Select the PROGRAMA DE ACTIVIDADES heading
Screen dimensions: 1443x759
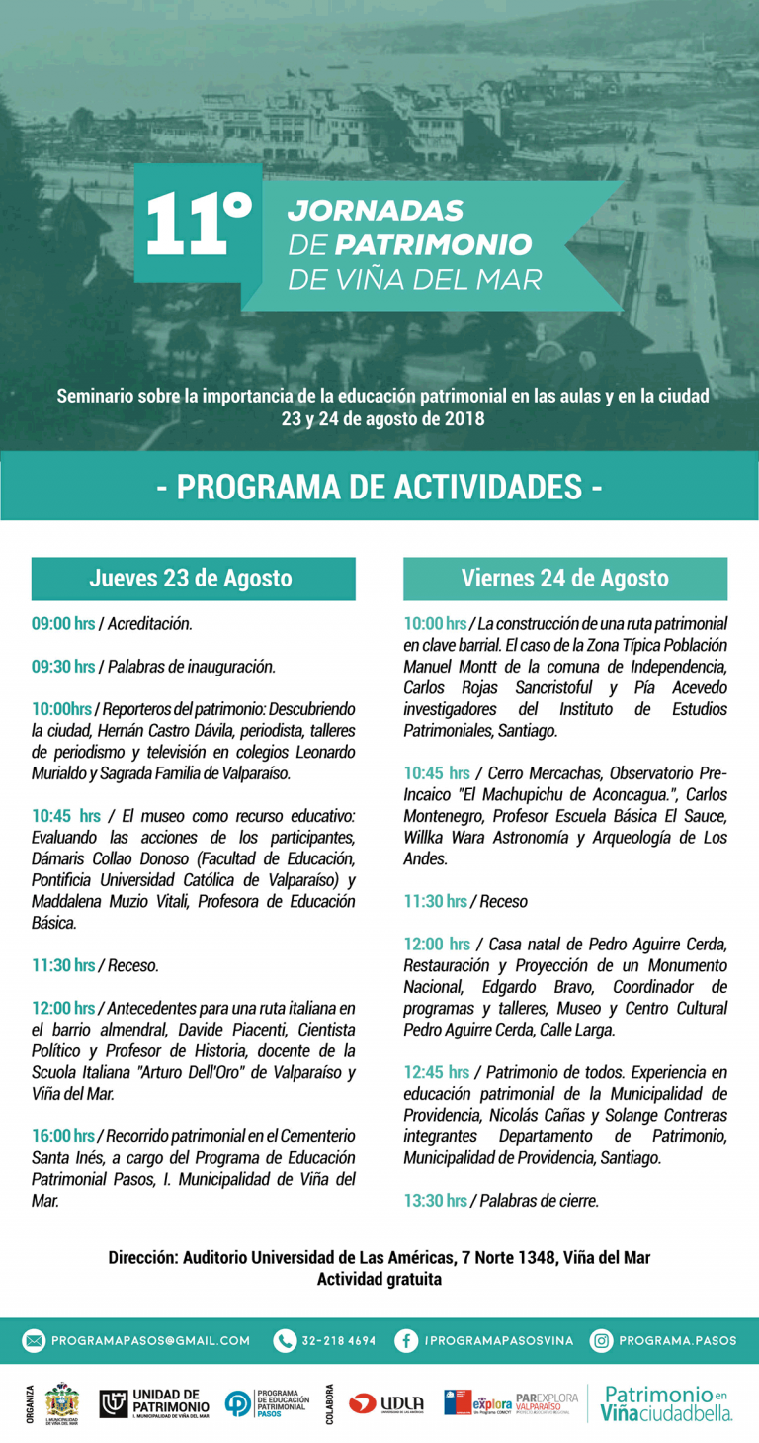click(x=379, y=487)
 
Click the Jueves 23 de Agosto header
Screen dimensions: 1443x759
click(x=193, y=579)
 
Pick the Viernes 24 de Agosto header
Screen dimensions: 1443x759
click(x=564, y=579)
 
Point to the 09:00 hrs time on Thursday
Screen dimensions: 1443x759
click(x=63, y=624)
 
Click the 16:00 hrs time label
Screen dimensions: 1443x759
click(x=63, y=1136)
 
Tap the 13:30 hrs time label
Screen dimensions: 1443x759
click(x=435, y=1201)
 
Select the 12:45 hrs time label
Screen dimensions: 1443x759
click(x=436, y=1072)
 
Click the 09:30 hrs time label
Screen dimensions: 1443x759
click(x=63, y=667)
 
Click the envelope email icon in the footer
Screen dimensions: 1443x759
click(x=35, y=1340)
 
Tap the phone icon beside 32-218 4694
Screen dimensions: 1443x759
click(x=286, y=1340)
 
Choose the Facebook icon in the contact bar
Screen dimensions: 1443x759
click(x=405, y=1340)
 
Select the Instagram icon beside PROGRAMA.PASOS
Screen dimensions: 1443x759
click(x=601, y=1340)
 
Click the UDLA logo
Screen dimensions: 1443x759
click(x=386, y=1403)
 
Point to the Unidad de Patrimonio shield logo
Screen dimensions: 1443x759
click(x=114, y=1402)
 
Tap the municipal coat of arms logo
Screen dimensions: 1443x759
click(x=62, y=1402)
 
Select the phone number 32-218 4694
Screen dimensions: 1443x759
click(x=339, y=1341)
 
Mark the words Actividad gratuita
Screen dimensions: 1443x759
click(x=379, y=1279)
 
